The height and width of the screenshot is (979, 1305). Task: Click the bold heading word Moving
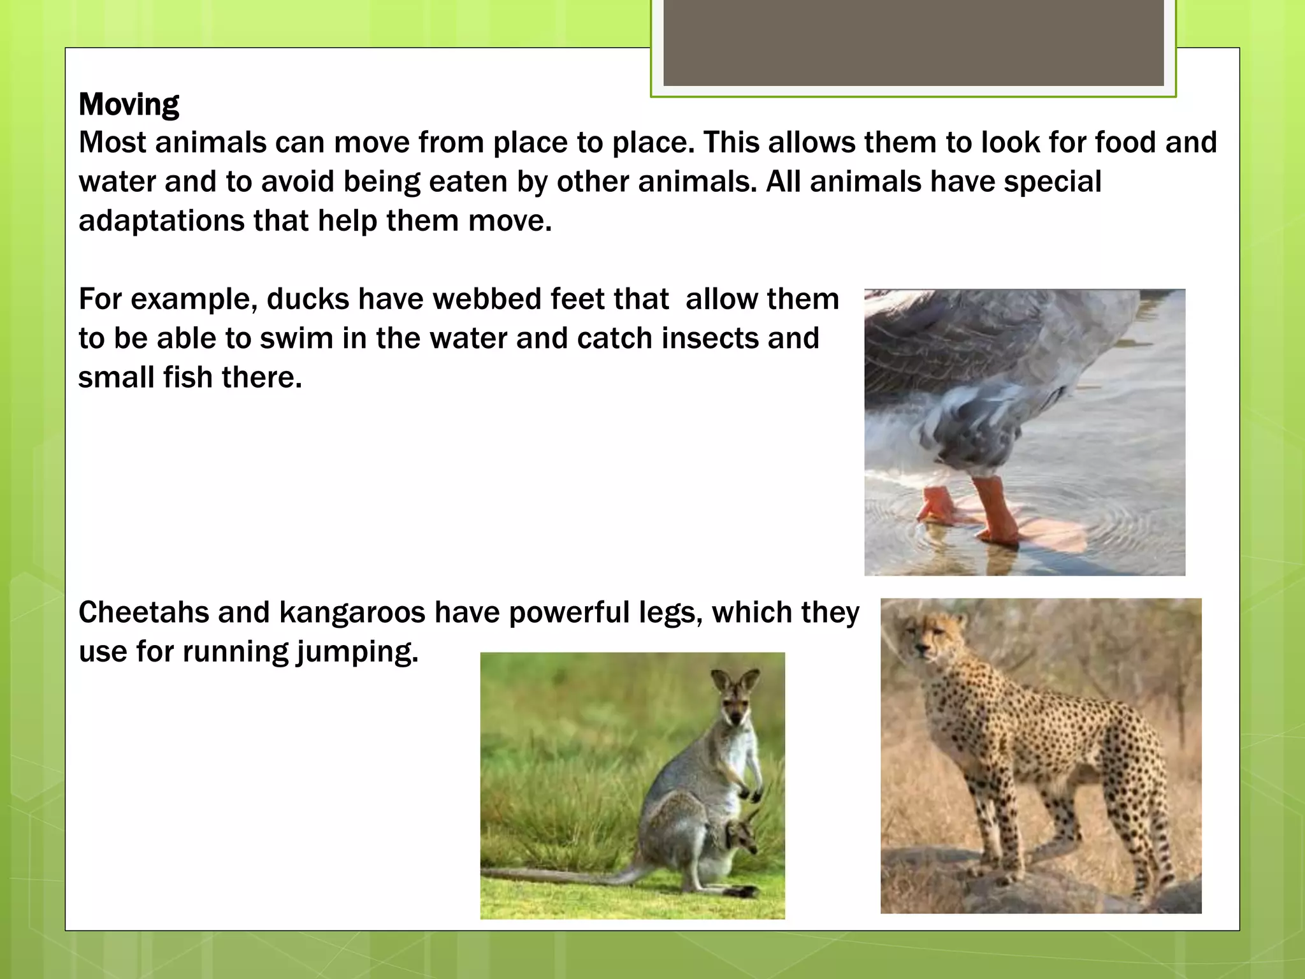coord(129,104)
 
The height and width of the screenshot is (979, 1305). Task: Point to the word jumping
coord(357,652)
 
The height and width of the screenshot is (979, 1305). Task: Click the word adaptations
coord(162,221)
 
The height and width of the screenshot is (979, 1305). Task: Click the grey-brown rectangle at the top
coord(913,43)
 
